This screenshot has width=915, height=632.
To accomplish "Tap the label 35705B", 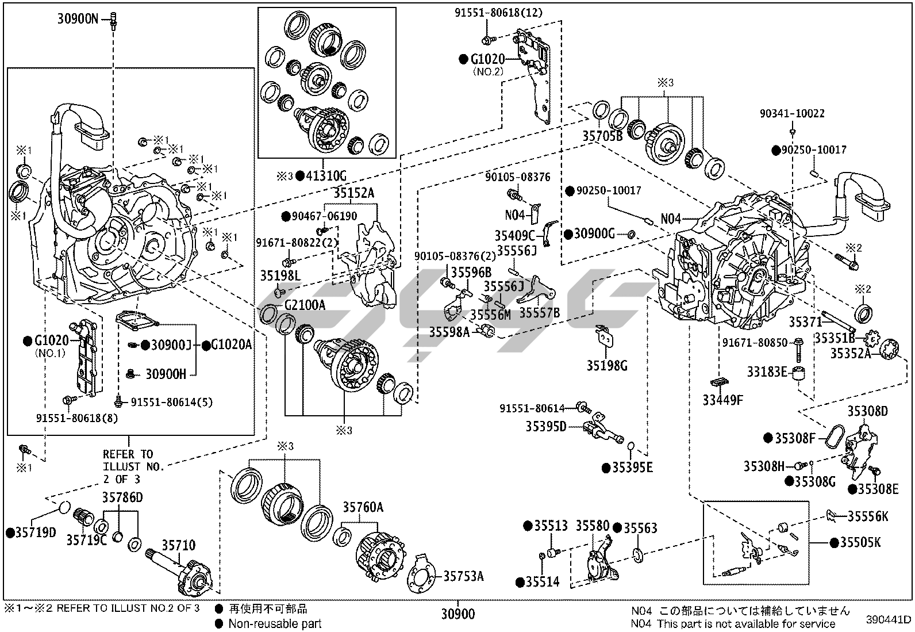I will point(602,136).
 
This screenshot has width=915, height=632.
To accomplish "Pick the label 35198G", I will point(606,365).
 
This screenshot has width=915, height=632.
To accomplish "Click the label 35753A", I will point(463,576).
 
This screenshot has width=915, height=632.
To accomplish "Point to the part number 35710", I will point(178,545).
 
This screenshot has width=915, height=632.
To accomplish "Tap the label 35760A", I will point(363,507).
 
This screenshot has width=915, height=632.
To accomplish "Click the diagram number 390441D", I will point(889,619).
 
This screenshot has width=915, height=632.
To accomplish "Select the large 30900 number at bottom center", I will point(458,614).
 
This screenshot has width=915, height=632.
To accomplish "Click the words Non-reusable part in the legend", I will point(275,623).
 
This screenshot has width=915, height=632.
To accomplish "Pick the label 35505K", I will point(860,542).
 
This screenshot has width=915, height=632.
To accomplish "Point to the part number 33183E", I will point(767,372).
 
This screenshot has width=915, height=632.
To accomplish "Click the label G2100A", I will point(305,305).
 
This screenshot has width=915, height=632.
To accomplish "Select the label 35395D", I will point(545,426).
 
